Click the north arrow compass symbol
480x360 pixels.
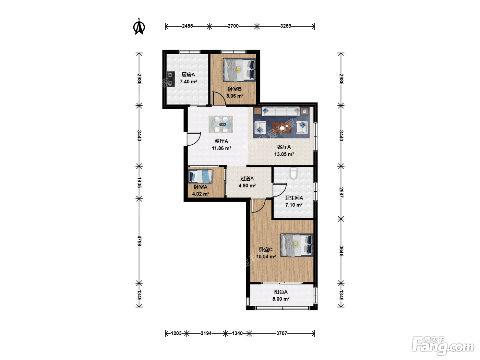coord(139,27)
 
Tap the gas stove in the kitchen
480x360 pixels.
coord(170,79)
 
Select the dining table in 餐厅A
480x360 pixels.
coord(221,124)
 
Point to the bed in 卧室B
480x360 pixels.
coord(239,70)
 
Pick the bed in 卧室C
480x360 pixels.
coord(297,245)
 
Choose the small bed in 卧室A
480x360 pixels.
coord(200,176)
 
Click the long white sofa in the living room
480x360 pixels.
coord(281,111)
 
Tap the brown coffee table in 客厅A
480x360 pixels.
coord(282,128)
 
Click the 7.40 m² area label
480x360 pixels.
coord(188,82)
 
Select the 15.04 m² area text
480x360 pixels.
coord(266,256)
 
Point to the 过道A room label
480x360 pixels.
coord(247,179)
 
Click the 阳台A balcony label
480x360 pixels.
coord(281,292)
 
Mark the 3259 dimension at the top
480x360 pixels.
coord(286,26)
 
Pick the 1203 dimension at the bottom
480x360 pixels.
coord(176,333)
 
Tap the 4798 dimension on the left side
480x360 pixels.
coord(139,241)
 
